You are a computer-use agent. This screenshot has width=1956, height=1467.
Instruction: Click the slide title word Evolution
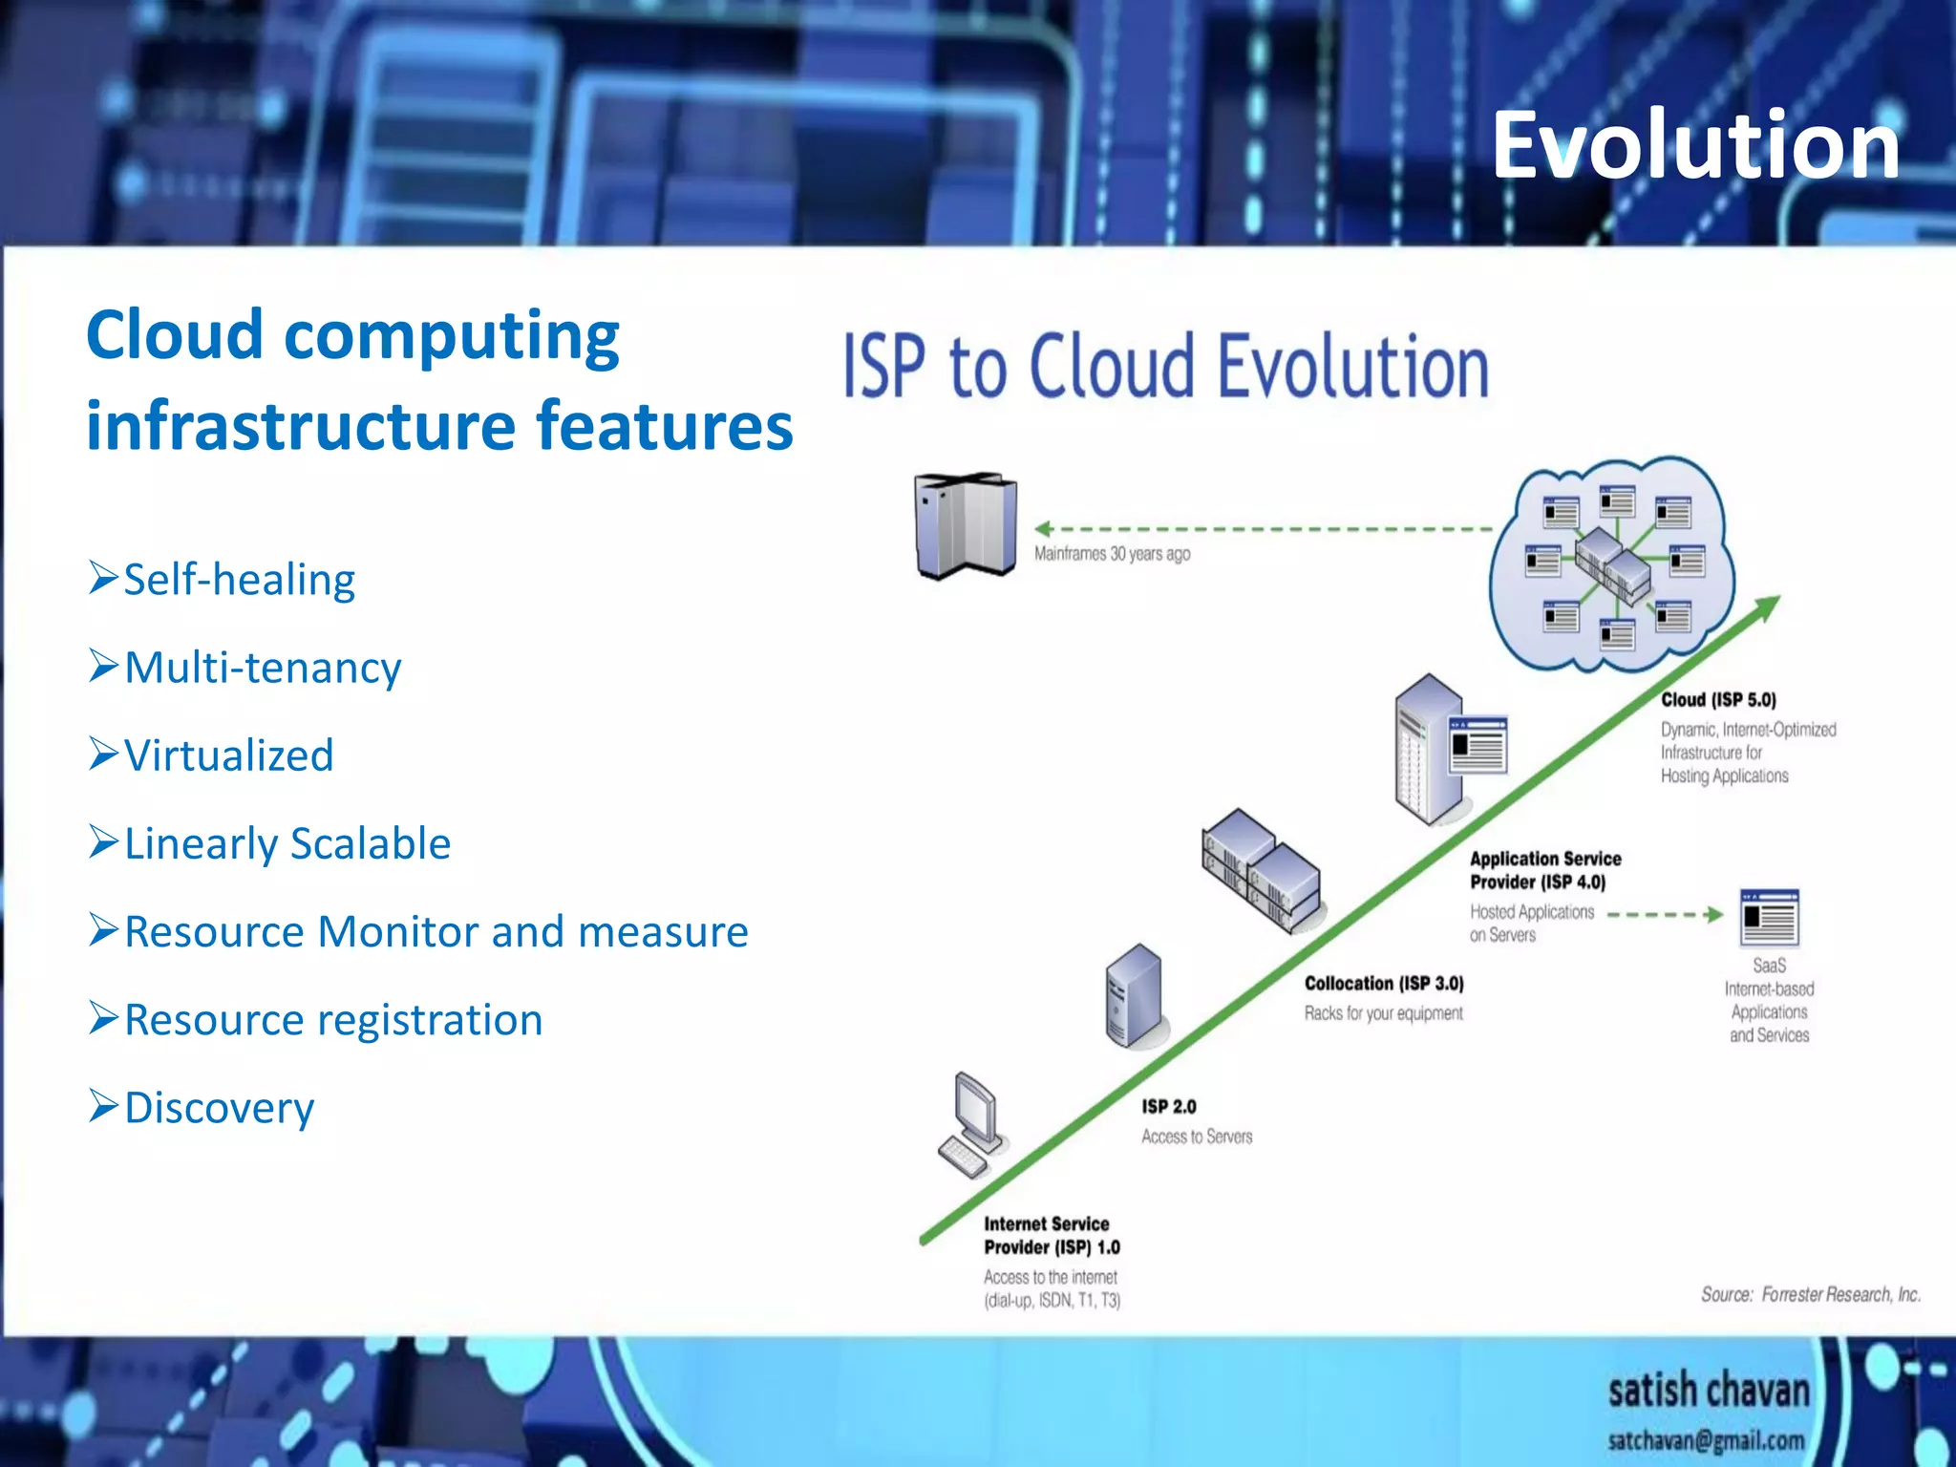1695,145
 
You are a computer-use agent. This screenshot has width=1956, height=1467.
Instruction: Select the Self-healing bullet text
239,580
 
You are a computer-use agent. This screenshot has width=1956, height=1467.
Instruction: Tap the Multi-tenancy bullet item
263,668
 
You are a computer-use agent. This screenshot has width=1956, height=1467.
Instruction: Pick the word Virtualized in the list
229,755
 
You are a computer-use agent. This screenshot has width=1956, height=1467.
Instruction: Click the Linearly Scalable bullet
287,843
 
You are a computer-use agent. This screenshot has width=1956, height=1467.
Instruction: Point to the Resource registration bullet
333,1019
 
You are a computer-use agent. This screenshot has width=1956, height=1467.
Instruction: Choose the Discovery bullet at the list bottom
219,1108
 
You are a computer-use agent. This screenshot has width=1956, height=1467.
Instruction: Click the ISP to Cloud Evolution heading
1165,366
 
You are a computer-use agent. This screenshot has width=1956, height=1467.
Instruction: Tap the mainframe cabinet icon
965,524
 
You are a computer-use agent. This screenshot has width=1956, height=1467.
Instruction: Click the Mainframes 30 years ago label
1112,554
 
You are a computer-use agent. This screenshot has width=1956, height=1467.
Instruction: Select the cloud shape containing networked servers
1613,563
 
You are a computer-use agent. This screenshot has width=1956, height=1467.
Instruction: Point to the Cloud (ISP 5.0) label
1718,700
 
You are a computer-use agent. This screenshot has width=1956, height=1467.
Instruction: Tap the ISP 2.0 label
1168,1106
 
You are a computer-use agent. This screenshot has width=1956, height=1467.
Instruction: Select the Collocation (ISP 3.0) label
1384,983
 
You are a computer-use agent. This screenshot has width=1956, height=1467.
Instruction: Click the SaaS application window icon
1769,918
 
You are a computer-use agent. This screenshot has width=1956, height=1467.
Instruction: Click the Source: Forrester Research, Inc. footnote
1810,1294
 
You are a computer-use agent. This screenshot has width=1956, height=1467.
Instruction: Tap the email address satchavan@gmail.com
1706,1440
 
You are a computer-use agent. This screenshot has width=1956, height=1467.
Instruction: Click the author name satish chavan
1709,1391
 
